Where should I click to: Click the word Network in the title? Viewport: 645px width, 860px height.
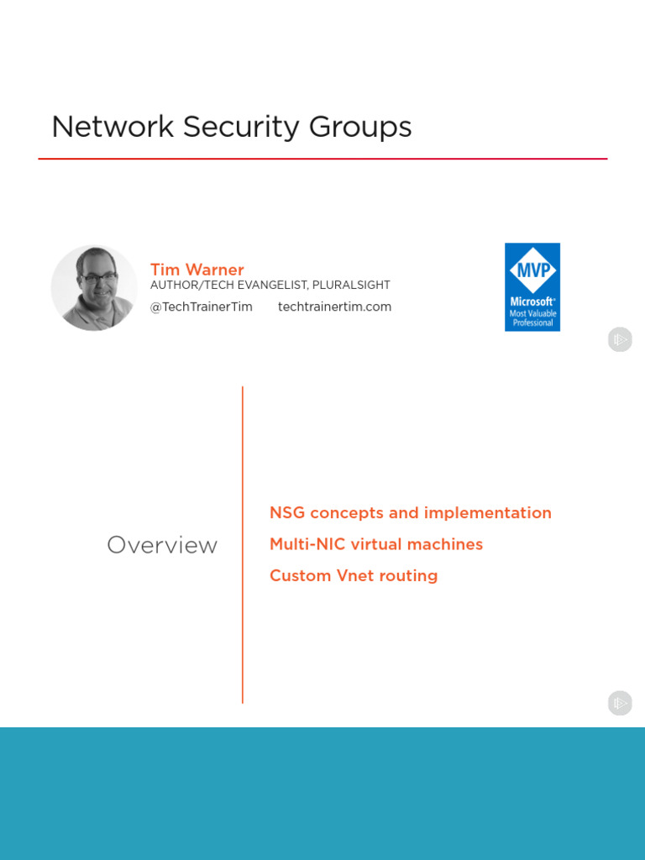click(x=113, y=127)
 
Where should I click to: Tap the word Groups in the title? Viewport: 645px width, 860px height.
click(x=360, y=127)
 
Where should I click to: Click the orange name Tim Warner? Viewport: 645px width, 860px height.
click(x=197, y=270)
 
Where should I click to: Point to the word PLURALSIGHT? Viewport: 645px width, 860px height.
click(x=350, y=286)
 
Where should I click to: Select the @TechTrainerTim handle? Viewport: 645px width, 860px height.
click(x=201, y=307)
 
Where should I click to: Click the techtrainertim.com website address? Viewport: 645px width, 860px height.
click(x=334, y=307)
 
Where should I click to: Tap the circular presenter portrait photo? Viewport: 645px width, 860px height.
click(x=94, y=288)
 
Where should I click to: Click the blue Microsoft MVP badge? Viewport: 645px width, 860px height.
click(x=532, y=287)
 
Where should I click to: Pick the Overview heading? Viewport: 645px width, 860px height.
click(x=162, y=545)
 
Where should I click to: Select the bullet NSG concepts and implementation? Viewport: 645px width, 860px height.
click(x=410, y=512)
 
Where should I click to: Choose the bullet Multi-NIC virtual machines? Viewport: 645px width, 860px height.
click(x=375, y=544)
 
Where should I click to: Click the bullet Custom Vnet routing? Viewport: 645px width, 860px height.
click(x=353, y=575)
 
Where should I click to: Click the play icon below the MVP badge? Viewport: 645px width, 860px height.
click(x=620, y=339)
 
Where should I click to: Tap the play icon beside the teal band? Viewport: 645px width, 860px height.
click(x=620, y=703)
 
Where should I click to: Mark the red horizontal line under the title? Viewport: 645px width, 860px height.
click(x=322, y=159)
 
